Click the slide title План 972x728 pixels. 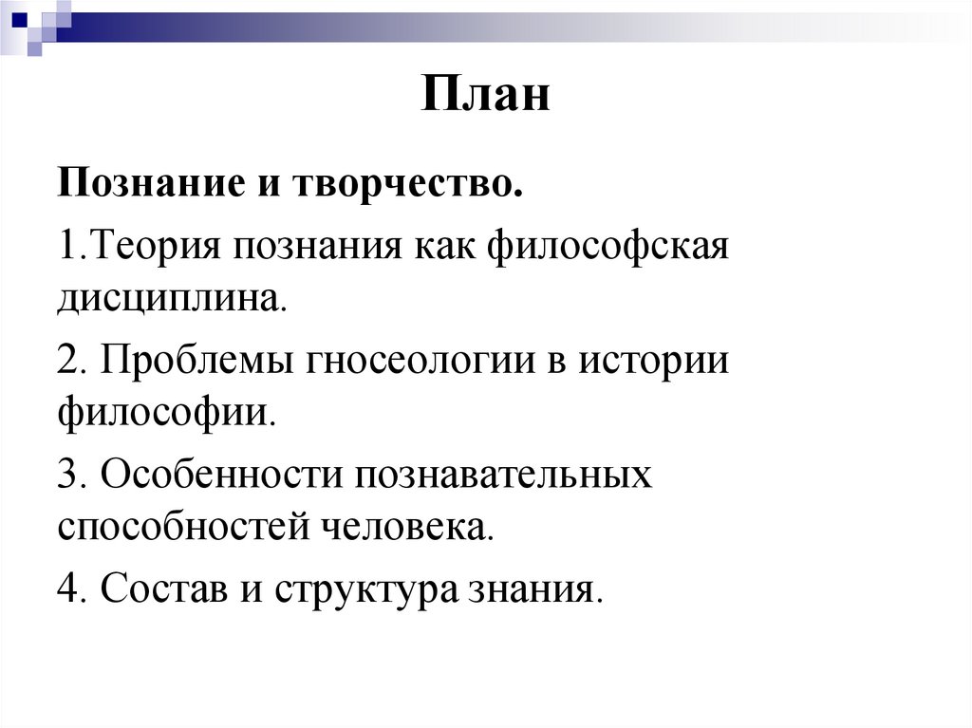pyautogui.click(x=486, y=96)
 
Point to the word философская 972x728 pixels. pyautogui.click(x=607, y=251)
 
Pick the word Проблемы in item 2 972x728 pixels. pyautogui.click(x=198, y=364)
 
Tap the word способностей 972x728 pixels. pyautogui.click(x=180, y=523)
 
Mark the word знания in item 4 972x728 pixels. pyautogui.click(x=535, y=588)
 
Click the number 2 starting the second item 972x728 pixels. pyautogui.click(x=67, y=364)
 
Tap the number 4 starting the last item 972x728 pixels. pyautogui.click(x=67, y=588)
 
